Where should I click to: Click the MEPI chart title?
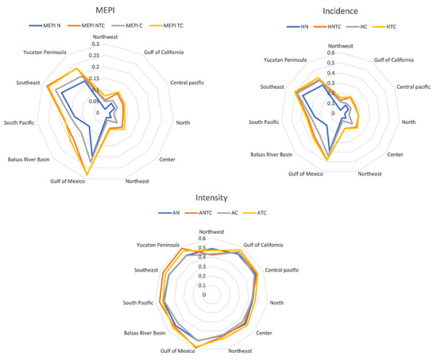[102, 10]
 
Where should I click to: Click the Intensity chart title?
[218, 197]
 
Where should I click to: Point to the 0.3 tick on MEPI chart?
[95, 45]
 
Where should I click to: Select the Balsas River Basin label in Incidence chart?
[271, 154]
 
